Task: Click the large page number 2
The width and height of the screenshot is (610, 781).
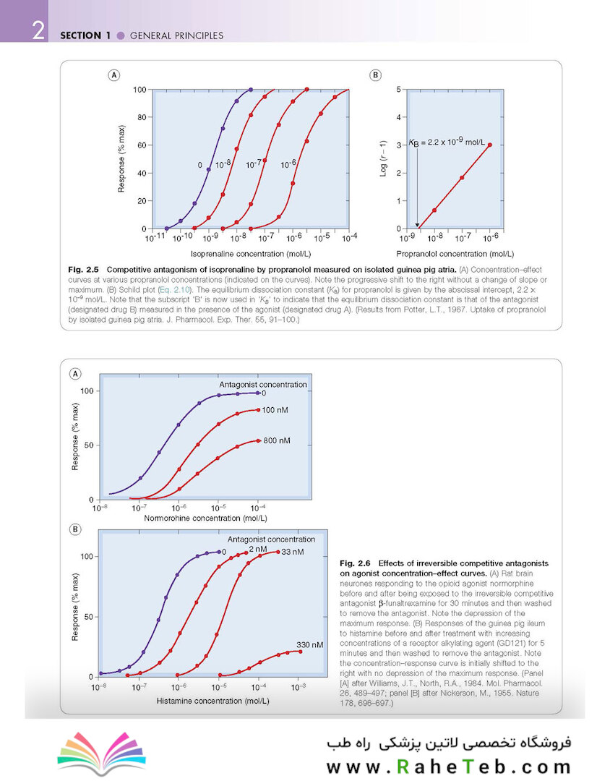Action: [38, 32]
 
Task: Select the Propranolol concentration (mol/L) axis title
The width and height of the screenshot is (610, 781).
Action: [455, 254]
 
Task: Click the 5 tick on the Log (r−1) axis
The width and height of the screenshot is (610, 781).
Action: [398, 89]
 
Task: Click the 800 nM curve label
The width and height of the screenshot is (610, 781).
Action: [277, 440]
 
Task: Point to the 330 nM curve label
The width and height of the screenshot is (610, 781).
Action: [309, 644]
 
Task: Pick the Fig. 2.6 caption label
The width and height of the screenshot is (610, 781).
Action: [354, 563]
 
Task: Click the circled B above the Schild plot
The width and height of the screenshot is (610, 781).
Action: [375, 74]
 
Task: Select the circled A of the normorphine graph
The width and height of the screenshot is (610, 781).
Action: [74, 374]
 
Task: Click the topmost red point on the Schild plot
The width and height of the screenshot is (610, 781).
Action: [490, 145]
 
